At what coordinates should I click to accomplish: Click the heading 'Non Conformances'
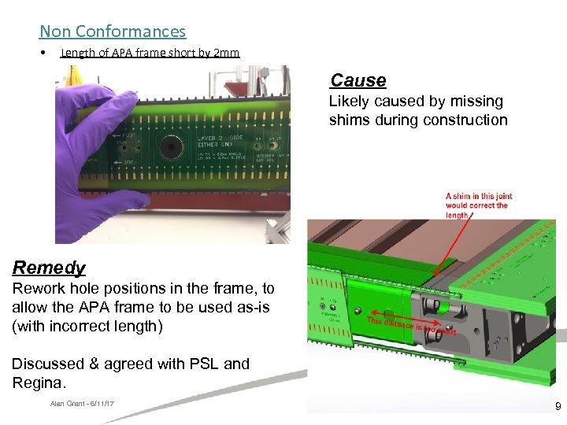[x=113, y=31]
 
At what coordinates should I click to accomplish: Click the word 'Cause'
[x=358, y=80]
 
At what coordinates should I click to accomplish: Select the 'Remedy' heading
[x=49, y=268]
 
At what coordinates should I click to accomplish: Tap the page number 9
[x=558, y=407]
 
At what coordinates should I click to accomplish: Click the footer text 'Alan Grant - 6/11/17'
[x=82, y=404]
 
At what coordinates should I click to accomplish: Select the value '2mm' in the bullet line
[x=226, y=53]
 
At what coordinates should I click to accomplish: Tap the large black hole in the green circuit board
[x=167, y=148]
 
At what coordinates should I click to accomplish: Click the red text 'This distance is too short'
[x=409, y=327]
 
